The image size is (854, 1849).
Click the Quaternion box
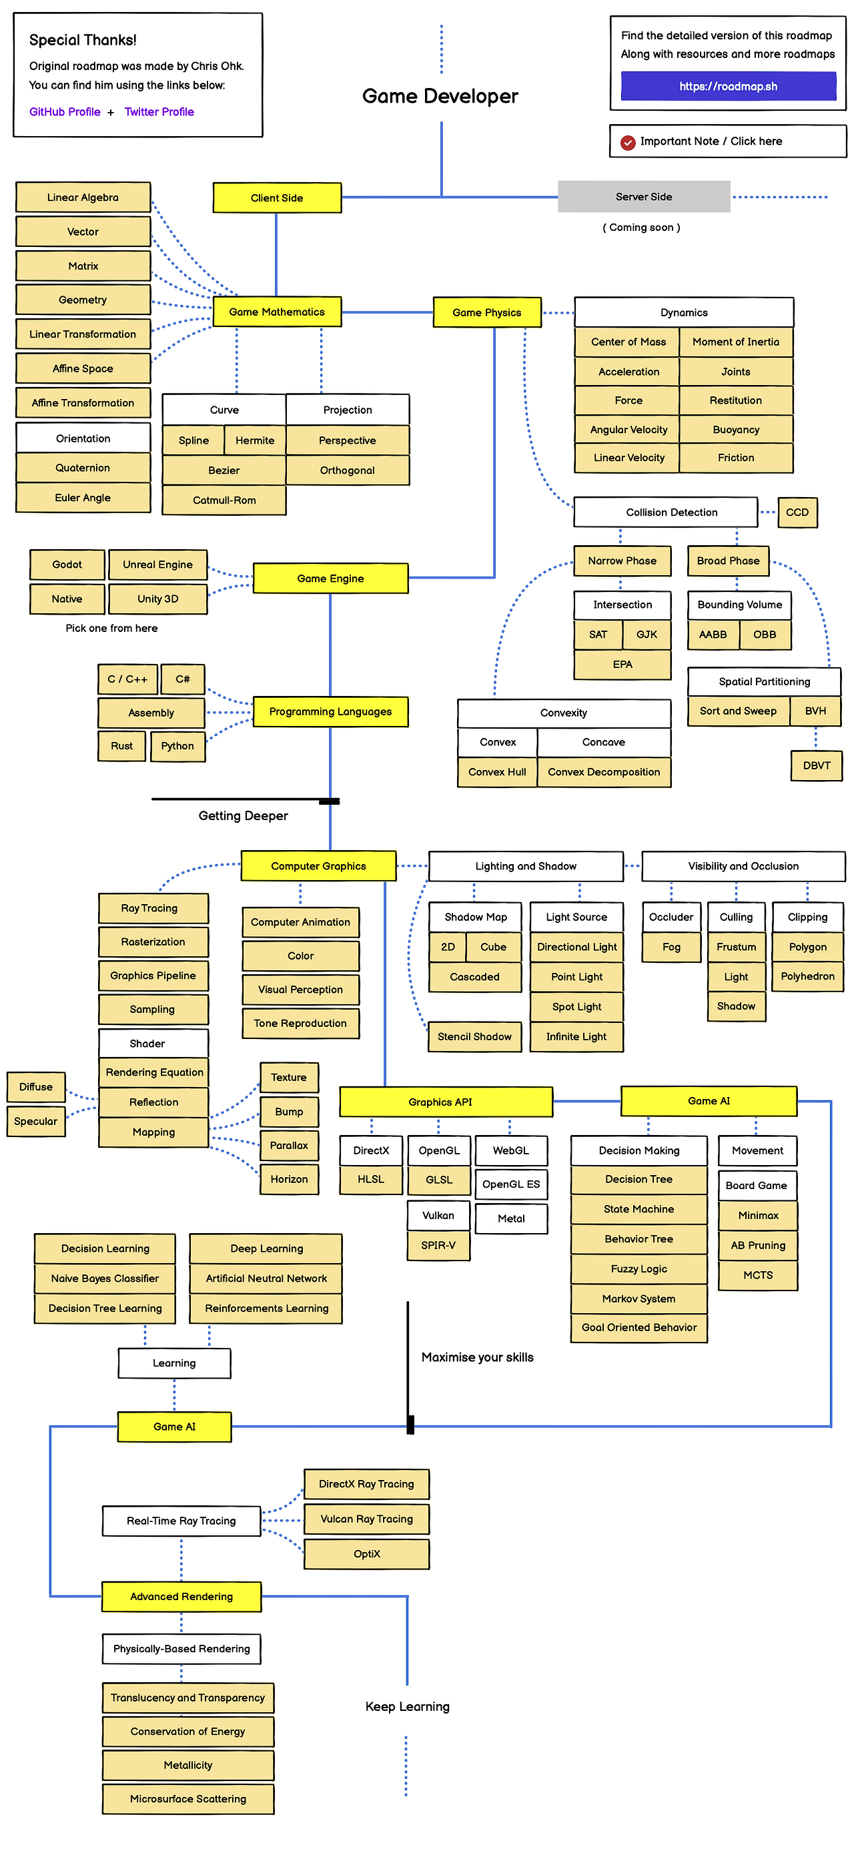(83, 468)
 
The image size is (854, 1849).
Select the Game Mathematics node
(276, 312)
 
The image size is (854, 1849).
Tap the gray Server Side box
(643, 197)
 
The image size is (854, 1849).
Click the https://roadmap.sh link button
(728, 86)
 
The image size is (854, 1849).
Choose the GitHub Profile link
(65, 112)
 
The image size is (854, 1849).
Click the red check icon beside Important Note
(628, 142)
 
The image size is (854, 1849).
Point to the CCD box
(797, 512)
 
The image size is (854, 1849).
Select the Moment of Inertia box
(736, 342)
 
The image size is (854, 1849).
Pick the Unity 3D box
(158, 599)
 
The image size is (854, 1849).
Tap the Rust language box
(121, 747)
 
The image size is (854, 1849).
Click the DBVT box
(816, 766)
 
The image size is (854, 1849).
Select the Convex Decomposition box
(604, 772)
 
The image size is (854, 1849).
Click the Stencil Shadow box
(474, 1037)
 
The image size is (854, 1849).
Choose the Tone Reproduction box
(300, 1024)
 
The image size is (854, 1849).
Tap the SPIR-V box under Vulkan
(438, 1245)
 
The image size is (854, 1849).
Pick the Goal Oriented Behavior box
(638, 1328)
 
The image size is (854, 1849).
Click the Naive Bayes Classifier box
(105, 1278)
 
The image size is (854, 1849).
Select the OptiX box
(366, 1554)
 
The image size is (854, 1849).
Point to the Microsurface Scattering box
(188, 1799)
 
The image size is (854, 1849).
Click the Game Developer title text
(440, 96)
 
